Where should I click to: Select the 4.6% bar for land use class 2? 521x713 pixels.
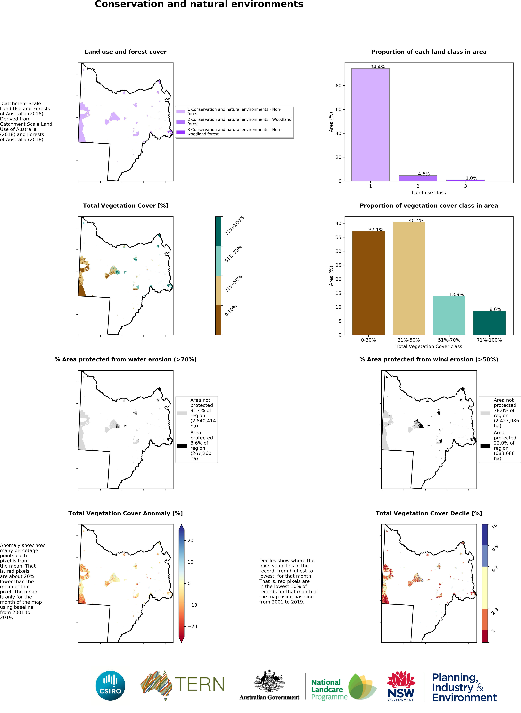pyautogui.click(x=418, y=178)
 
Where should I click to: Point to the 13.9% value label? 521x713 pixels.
pyautogui.click(x=456, y=294)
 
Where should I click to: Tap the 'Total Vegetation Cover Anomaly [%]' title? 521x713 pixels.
pyautogui.click(x=126, y=513)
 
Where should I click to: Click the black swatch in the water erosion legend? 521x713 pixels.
pyautogui.click(x=182, y=446)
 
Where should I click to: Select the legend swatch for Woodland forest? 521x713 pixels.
pyautogui.click(x=180, y=122)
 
